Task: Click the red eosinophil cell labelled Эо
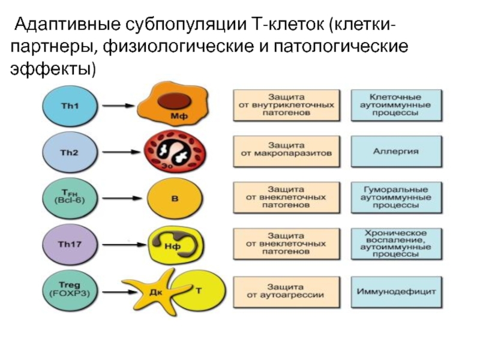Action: click(170, 152)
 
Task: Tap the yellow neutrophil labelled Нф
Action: click(174, 244)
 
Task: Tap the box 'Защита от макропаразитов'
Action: click(286, 151)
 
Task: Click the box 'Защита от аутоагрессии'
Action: click(286, 292)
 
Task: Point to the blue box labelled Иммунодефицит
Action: click(396, 292)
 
